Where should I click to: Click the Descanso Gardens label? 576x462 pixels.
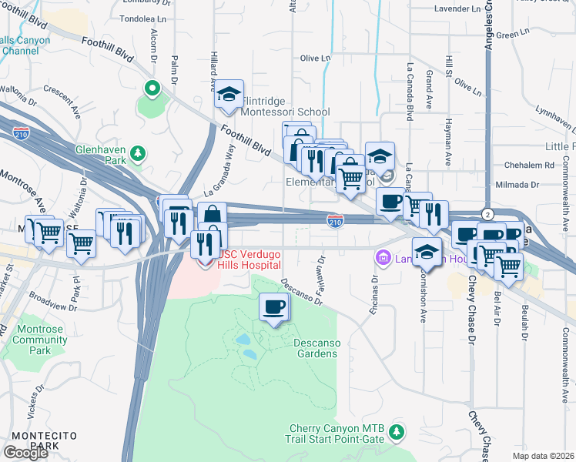[316, 348]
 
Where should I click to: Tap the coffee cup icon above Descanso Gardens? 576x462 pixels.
[274, 309]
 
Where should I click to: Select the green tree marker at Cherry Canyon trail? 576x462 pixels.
[397, 432]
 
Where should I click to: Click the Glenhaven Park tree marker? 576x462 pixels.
[139, 154]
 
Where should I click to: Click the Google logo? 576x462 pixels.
[25, 453]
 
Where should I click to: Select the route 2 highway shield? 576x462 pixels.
[487, 213]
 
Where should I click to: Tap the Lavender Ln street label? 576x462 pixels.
[458, 8]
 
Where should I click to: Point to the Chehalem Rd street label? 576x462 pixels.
[530, 165]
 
